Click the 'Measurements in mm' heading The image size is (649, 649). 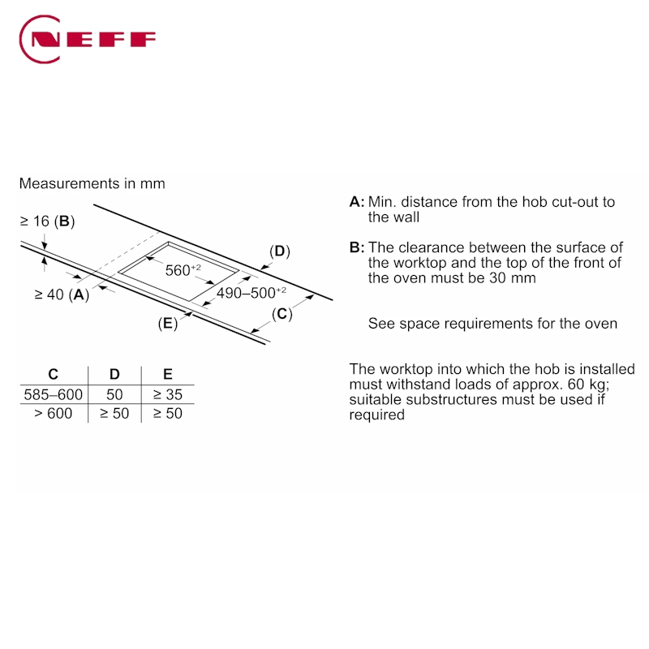click(x=92, y=183)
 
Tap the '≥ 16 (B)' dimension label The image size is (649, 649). click(x=47, y=221)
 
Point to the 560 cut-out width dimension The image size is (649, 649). click(x=183, y=270)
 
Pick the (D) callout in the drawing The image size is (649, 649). click(x=279, y=251)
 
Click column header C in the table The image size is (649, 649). click(x=54, y=374)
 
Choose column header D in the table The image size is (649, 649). click(x=114, y=374)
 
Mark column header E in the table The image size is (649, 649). click(x=168, y=374)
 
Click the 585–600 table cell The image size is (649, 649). click(x=54, y=395)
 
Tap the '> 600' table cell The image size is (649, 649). click(x=54, y=414)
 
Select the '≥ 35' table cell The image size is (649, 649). click(x=168, y=395)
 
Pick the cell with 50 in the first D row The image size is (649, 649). click(x=114, y=395)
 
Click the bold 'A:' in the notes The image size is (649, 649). click(x=357, y=202)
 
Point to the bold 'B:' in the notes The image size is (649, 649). click(x=357, y=247)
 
